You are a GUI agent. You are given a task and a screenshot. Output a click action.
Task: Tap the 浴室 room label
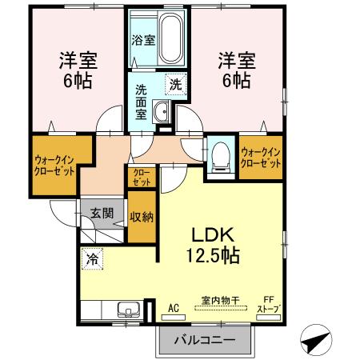pyautogui.click(x=143, y=41)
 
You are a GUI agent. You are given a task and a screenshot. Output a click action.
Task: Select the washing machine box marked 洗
pyautogui.click(x=176, y=84)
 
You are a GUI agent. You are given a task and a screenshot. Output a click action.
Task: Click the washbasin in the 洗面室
pyautogui.click(x=162, y=112)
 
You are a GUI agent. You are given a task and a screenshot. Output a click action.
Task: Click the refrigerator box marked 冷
pyautogui.click(x=92, y=258)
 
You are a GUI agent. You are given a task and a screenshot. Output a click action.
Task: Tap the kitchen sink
pyautogui.click(x=129, y=310)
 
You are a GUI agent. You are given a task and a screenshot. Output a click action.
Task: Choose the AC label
pyautogui.click(x=174, y=308)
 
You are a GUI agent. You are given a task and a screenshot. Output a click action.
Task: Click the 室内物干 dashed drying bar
pyautogui.click(x=221, y=308)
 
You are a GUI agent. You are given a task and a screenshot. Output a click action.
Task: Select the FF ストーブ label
pyautogui.click(x=269, y=304)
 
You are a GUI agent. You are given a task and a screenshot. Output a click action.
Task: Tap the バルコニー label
pyautogui.click(x=205, y=340)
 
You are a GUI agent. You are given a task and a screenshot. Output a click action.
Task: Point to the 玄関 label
pyautogui.click(x=102, y=214)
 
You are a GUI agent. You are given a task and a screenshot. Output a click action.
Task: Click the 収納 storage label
pyautogui.click(x=142, y=217)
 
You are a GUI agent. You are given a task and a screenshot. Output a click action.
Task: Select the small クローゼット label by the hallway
pyautogui.click(x=142, y=177)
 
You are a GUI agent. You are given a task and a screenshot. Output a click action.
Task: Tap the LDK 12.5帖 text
pyautogui.click(x=213, y=245)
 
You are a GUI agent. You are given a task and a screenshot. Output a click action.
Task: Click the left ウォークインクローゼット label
pyautogui.click(x=54, y=166)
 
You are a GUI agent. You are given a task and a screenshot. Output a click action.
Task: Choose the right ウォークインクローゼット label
pyautogui.click(x=261, y=158)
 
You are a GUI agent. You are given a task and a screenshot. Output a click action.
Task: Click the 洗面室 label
pyautogui.click(x=141, y=102)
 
